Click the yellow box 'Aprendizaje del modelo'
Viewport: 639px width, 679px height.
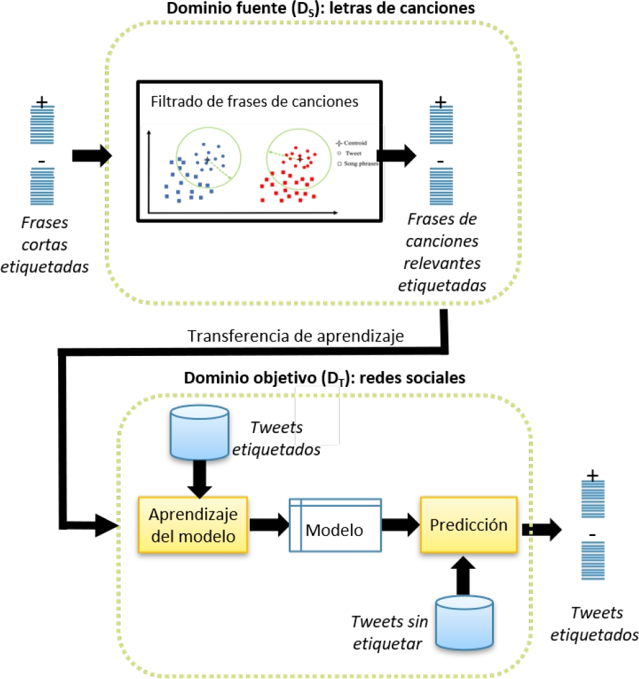point(192,525)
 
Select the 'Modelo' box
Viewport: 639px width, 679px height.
point(335,525)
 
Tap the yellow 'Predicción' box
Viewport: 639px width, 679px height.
point(469,525)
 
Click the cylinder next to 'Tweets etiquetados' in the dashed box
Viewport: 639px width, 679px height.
point(199,432)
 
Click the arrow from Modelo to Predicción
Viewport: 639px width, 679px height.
point(401,525)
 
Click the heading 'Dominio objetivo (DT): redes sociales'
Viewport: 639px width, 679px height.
point(325,378)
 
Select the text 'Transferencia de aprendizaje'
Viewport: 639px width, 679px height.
point(305,336)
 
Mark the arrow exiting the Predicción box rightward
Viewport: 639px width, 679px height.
point(543,529)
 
